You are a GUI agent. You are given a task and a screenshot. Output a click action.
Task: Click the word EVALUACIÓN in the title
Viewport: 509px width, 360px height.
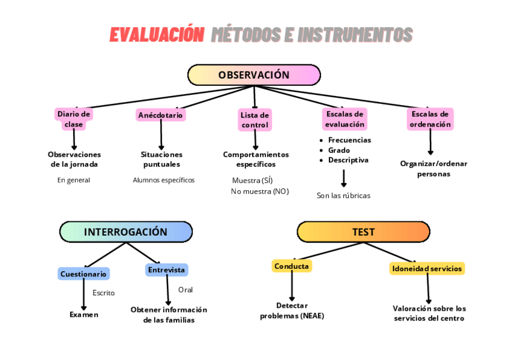coord(157,35)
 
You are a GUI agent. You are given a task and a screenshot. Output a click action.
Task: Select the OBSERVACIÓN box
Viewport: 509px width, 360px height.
coord(254,75)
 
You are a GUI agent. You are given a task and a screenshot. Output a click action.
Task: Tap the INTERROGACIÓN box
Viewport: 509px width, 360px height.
coord(125,232)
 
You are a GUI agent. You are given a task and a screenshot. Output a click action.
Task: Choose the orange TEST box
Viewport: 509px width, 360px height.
coord(363,232)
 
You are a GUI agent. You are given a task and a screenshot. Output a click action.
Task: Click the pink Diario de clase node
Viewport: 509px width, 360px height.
coord(74,119)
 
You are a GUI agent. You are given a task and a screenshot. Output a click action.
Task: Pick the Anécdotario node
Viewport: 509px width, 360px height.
coord(160,115)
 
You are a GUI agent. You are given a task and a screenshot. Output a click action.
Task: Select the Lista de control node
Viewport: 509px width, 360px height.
coord(255,120)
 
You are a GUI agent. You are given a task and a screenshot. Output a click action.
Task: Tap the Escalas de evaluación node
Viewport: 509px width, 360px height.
coord(345,119)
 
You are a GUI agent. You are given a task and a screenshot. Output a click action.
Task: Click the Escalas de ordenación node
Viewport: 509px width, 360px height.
coord(430,119)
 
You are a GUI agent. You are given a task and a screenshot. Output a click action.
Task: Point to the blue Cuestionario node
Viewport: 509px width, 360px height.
coord(83,274)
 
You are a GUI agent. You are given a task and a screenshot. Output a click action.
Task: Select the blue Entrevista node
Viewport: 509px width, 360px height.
coord(166,270)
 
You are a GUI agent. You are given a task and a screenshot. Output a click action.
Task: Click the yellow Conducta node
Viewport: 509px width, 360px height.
coord(292,266)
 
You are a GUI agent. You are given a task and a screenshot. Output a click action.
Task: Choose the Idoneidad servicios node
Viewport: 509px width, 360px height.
coord(427,269)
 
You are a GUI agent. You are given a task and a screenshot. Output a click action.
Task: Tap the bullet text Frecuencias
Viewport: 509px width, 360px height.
coord(349,140)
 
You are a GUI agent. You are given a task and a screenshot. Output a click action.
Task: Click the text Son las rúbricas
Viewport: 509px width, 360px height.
coord(343,196)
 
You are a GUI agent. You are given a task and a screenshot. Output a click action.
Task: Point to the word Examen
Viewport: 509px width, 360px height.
coord(83,314)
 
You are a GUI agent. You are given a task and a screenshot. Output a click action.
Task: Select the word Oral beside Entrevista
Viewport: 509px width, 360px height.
coord(185,290)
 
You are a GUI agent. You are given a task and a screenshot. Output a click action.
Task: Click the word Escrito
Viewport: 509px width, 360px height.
coord(103,293)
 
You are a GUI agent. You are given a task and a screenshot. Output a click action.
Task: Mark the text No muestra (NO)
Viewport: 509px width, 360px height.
coord(260,191)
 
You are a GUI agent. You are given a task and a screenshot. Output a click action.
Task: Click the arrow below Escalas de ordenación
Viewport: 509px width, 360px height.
coord(430,143)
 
